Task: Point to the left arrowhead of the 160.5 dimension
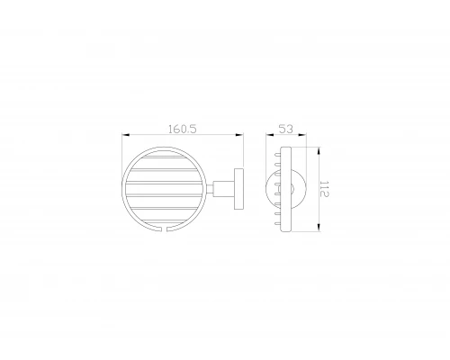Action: [x=124, y=136]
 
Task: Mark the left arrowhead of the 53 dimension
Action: [x=269, y=136]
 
